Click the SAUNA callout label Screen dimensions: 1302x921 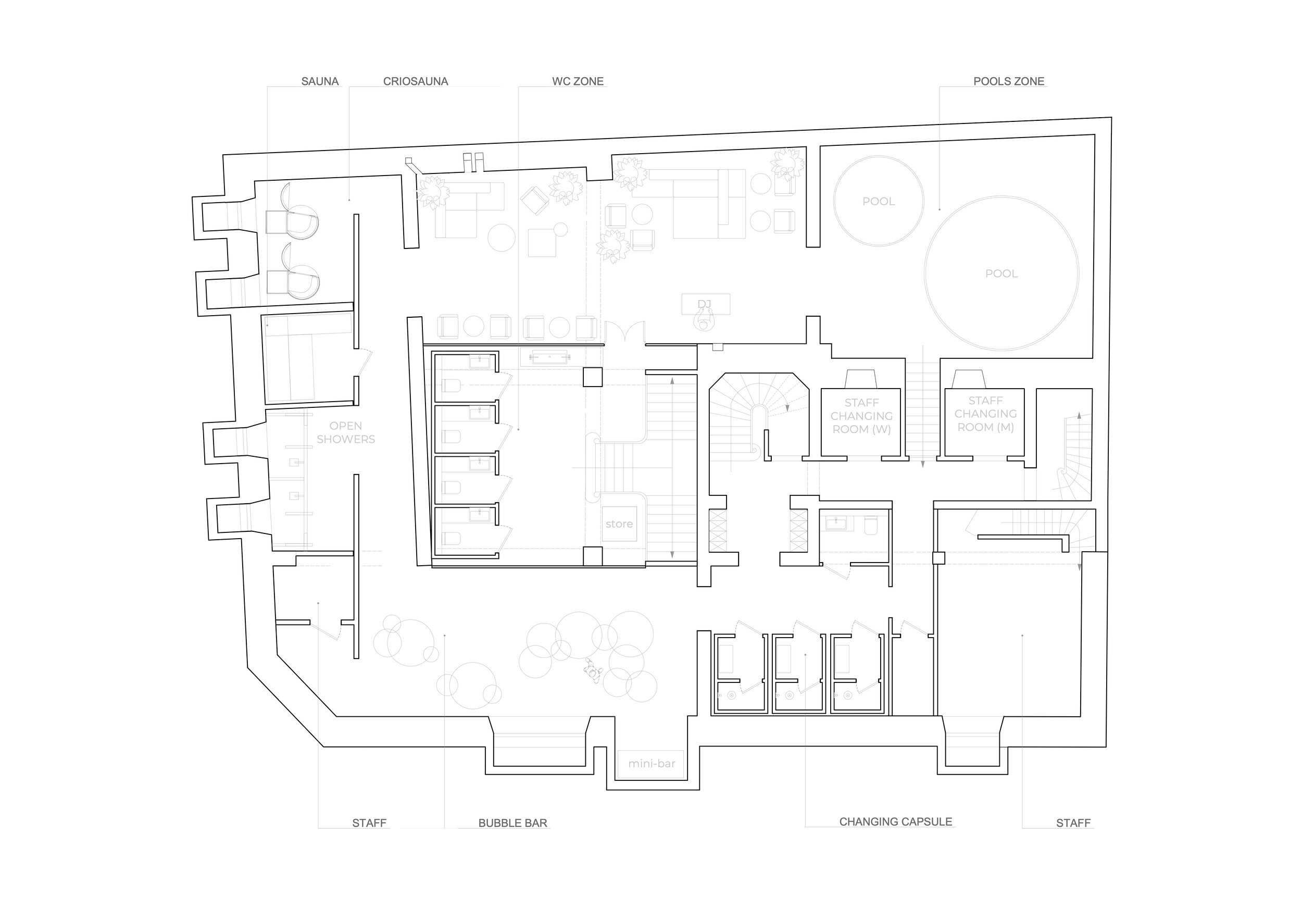320,82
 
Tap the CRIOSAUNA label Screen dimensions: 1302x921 415,82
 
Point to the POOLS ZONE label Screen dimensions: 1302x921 1008,82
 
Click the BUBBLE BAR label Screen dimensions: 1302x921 512,824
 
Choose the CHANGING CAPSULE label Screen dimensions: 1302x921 895,822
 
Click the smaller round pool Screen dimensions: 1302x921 878,201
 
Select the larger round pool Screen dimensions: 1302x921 1001,273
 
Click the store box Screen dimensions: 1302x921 619,524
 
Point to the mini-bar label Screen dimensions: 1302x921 652,764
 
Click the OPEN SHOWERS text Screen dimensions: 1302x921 345,432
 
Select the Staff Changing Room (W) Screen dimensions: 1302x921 861,416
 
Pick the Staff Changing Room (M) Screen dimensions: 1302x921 985,414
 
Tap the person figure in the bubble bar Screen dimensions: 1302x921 593,673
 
